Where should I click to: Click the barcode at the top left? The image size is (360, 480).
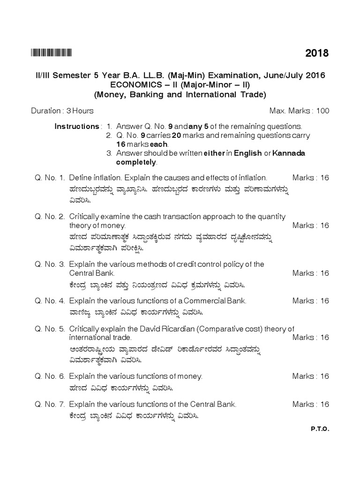point(52,53)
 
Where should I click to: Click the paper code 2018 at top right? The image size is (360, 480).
point(317,53)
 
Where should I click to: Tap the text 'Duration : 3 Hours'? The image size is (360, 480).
point(62,111)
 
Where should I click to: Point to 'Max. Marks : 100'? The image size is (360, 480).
point(299,111)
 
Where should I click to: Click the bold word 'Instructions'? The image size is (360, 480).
point(77,127)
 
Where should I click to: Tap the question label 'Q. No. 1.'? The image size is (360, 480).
point(49,178)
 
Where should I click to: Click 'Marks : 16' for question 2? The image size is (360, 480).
point(310,225)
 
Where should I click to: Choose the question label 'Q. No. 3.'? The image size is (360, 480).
point(49,264)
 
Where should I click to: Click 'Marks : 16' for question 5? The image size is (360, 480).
point(310,337)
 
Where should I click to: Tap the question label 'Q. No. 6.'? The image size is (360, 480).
point(49,376)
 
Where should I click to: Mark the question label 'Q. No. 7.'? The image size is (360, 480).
point(49,404)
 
